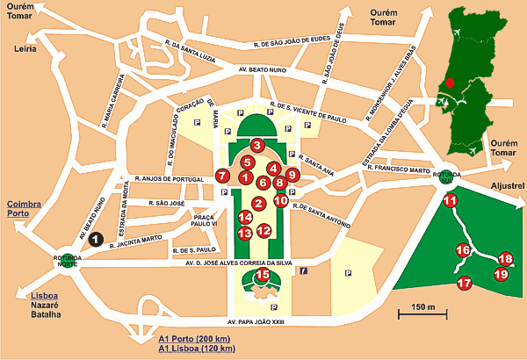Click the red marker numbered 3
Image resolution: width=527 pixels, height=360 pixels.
(x=257, y=145)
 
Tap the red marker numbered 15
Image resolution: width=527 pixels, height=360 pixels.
(x=262, y=276)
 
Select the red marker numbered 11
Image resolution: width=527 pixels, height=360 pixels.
(x=450, y=200)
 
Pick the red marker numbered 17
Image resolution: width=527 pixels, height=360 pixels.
(x=465, y=282)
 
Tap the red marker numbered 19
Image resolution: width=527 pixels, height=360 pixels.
(x=501, y=274)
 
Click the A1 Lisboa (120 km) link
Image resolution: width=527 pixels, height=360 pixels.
(x=198, y=349)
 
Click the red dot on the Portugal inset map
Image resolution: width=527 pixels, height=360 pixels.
(x=450, y=83)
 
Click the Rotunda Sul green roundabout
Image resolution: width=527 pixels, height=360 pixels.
(x=450, y=176)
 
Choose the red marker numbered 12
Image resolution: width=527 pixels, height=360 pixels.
(x=263, y=231)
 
